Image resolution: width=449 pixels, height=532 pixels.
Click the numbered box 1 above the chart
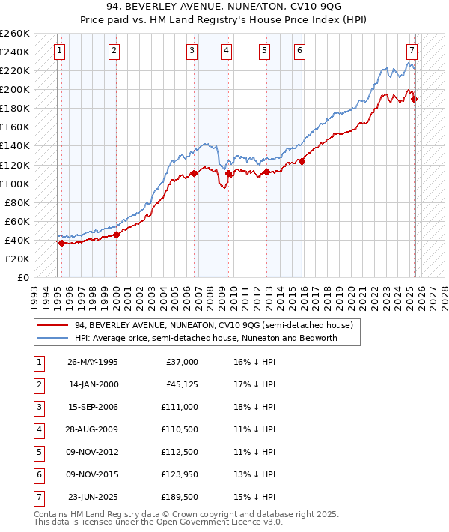coord(59,51)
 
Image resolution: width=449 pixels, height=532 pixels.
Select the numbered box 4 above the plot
coord(226,51)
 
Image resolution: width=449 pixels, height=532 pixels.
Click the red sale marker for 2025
coord(414,99)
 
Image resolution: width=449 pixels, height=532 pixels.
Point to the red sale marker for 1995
coord(61,242)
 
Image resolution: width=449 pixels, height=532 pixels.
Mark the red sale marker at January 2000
coord(116,235)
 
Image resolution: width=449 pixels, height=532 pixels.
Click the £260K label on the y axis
coord(15,34)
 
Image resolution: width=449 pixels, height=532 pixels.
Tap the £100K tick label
coord(15,184)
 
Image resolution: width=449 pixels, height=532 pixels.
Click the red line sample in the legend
coord(53,325)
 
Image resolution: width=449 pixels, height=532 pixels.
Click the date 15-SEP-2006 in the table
coord(93,407)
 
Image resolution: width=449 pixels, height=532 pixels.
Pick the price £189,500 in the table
coord(179,497)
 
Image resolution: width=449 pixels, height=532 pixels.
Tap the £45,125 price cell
coord(181,384)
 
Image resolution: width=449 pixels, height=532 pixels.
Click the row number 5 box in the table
coord(38,452)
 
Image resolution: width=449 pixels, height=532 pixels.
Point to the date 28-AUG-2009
coord(93,429)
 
